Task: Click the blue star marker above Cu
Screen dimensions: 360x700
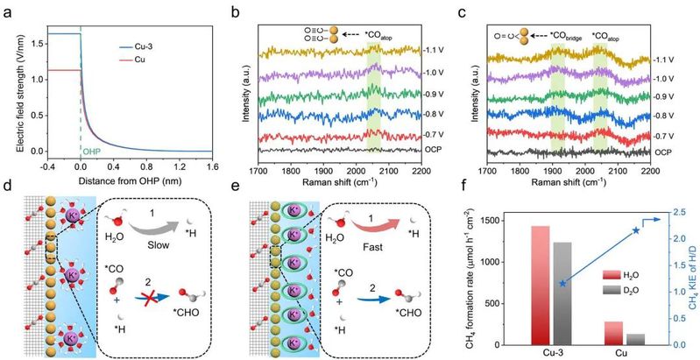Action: click(636, 230)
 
